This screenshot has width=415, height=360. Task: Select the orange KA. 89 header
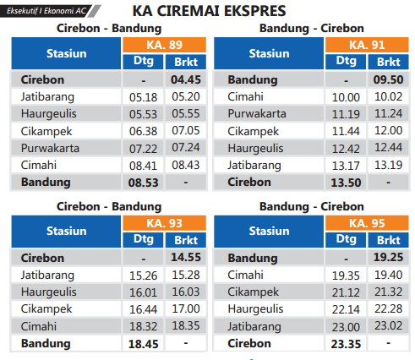(x=161, y=45)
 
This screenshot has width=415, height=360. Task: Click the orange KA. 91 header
(x=368, y=45)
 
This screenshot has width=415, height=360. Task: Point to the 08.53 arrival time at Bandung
(x=139, y=182)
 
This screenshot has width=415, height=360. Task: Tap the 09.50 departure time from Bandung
(x=389, y=79)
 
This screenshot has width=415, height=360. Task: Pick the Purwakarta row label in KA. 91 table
(x=258, y=114)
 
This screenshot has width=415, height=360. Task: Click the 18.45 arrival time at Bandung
(x=139, y=343)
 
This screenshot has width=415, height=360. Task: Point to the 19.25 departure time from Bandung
(x=389, y=258)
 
